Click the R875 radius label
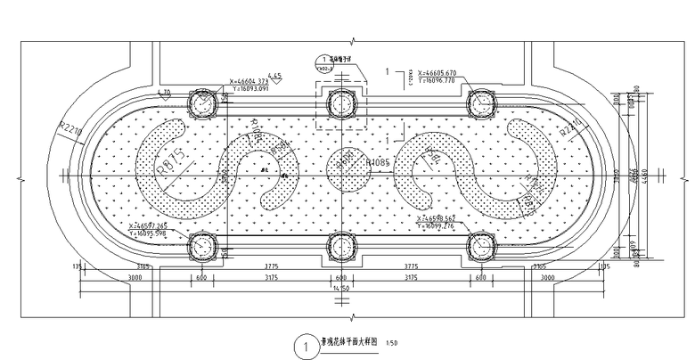point(170,163)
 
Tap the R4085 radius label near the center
point(380,163)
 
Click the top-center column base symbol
point(339,102)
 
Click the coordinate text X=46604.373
point(249,79)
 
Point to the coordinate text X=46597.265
point(147,225)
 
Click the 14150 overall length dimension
point(339,289)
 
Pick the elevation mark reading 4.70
point(164,92)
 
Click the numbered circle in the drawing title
point(306,342)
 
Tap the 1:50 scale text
point(393,342)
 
